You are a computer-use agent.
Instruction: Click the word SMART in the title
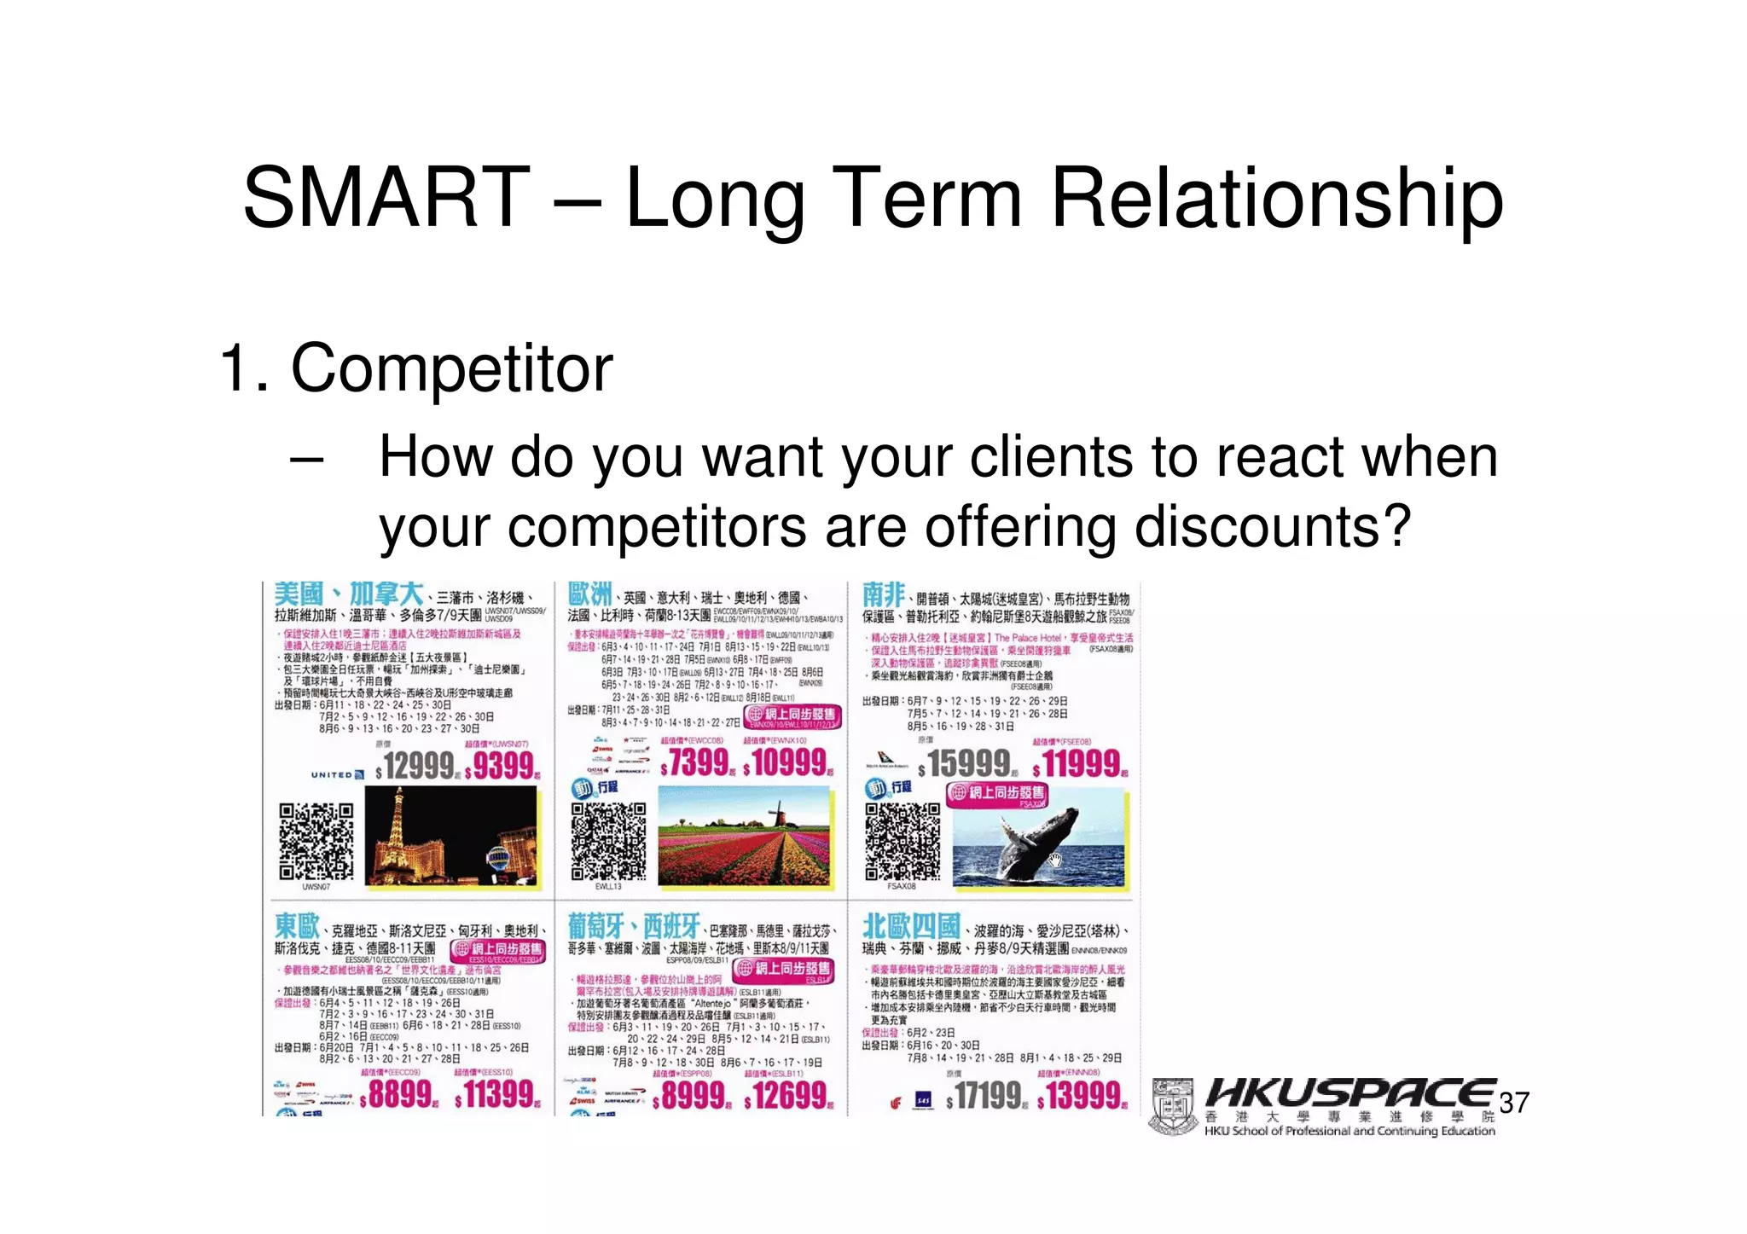tap(386, 198)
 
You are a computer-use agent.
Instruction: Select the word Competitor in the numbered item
tap(451, 369)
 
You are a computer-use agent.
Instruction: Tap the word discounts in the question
tap(1261, 527)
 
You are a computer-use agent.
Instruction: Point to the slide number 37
tap(1514, 1103)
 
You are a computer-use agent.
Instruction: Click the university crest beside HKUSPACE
tap(1173, 1106)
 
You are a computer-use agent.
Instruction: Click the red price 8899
tap(399, 1095)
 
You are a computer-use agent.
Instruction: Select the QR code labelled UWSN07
tap(316, 841)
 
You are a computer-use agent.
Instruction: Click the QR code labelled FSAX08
tap(902, 841)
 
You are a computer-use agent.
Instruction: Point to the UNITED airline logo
tap(337, 775)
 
